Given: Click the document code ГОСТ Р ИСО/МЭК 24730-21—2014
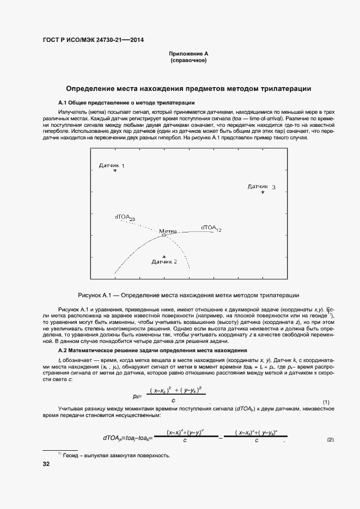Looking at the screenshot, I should point(93,40).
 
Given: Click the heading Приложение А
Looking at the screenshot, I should point(188,54).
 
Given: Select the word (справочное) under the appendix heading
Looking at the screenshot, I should point(188,60).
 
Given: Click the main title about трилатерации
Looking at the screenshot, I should point(188,88).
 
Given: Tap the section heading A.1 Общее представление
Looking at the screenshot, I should point(126,102).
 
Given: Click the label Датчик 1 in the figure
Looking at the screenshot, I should point(112,165).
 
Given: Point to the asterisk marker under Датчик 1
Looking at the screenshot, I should point(115,171).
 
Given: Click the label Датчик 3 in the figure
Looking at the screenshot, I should point(261,187).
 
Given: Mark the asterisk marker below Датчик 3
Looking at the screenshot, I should point(263,192).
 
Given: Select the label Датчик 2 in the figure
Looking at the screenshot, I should point(164,262).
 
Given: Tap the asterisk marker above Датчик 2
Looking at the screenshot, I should point(164,256).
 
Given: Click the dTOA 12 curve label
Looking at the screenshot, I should point(211,228).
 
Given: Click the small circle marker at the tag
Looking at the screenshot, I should point(163,235).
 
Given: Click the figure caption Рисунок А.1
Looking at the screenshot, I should point(188,295).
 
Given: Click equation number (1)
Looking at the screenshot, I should point(326,402).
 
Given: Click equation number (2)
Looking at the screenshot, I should point(330,439).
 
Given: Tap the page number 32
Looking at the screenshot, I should point(46,464).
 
